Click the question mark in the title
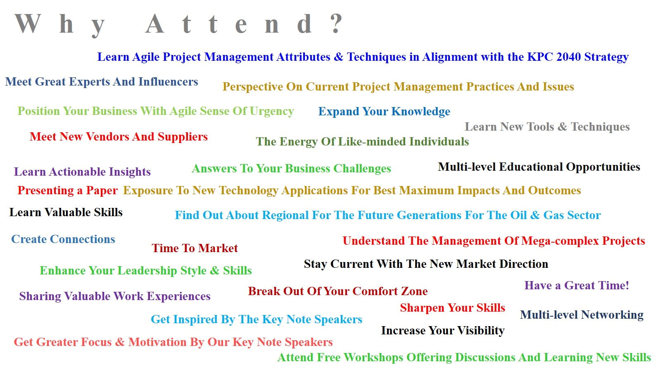[336, 23]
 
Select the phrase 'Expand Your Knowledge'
[384, 112]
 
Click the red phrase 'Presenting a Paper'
[68, 191]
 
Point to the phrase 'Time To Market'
[195, 248]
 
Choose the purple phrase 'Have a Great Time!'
[577, 286]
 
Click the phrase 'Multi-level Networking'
[582, 315]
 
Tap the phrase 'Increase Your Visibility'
[443, 331]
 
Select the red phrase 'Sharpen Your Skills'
[453, 308]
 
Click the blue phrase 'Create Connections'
[63, 239]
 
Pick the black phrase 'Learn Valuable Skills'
[66, 212]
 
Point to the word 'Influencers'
[168, 82]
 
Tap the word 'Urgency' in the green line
[272, 112]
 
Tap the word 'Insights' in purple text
[130, 172]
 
